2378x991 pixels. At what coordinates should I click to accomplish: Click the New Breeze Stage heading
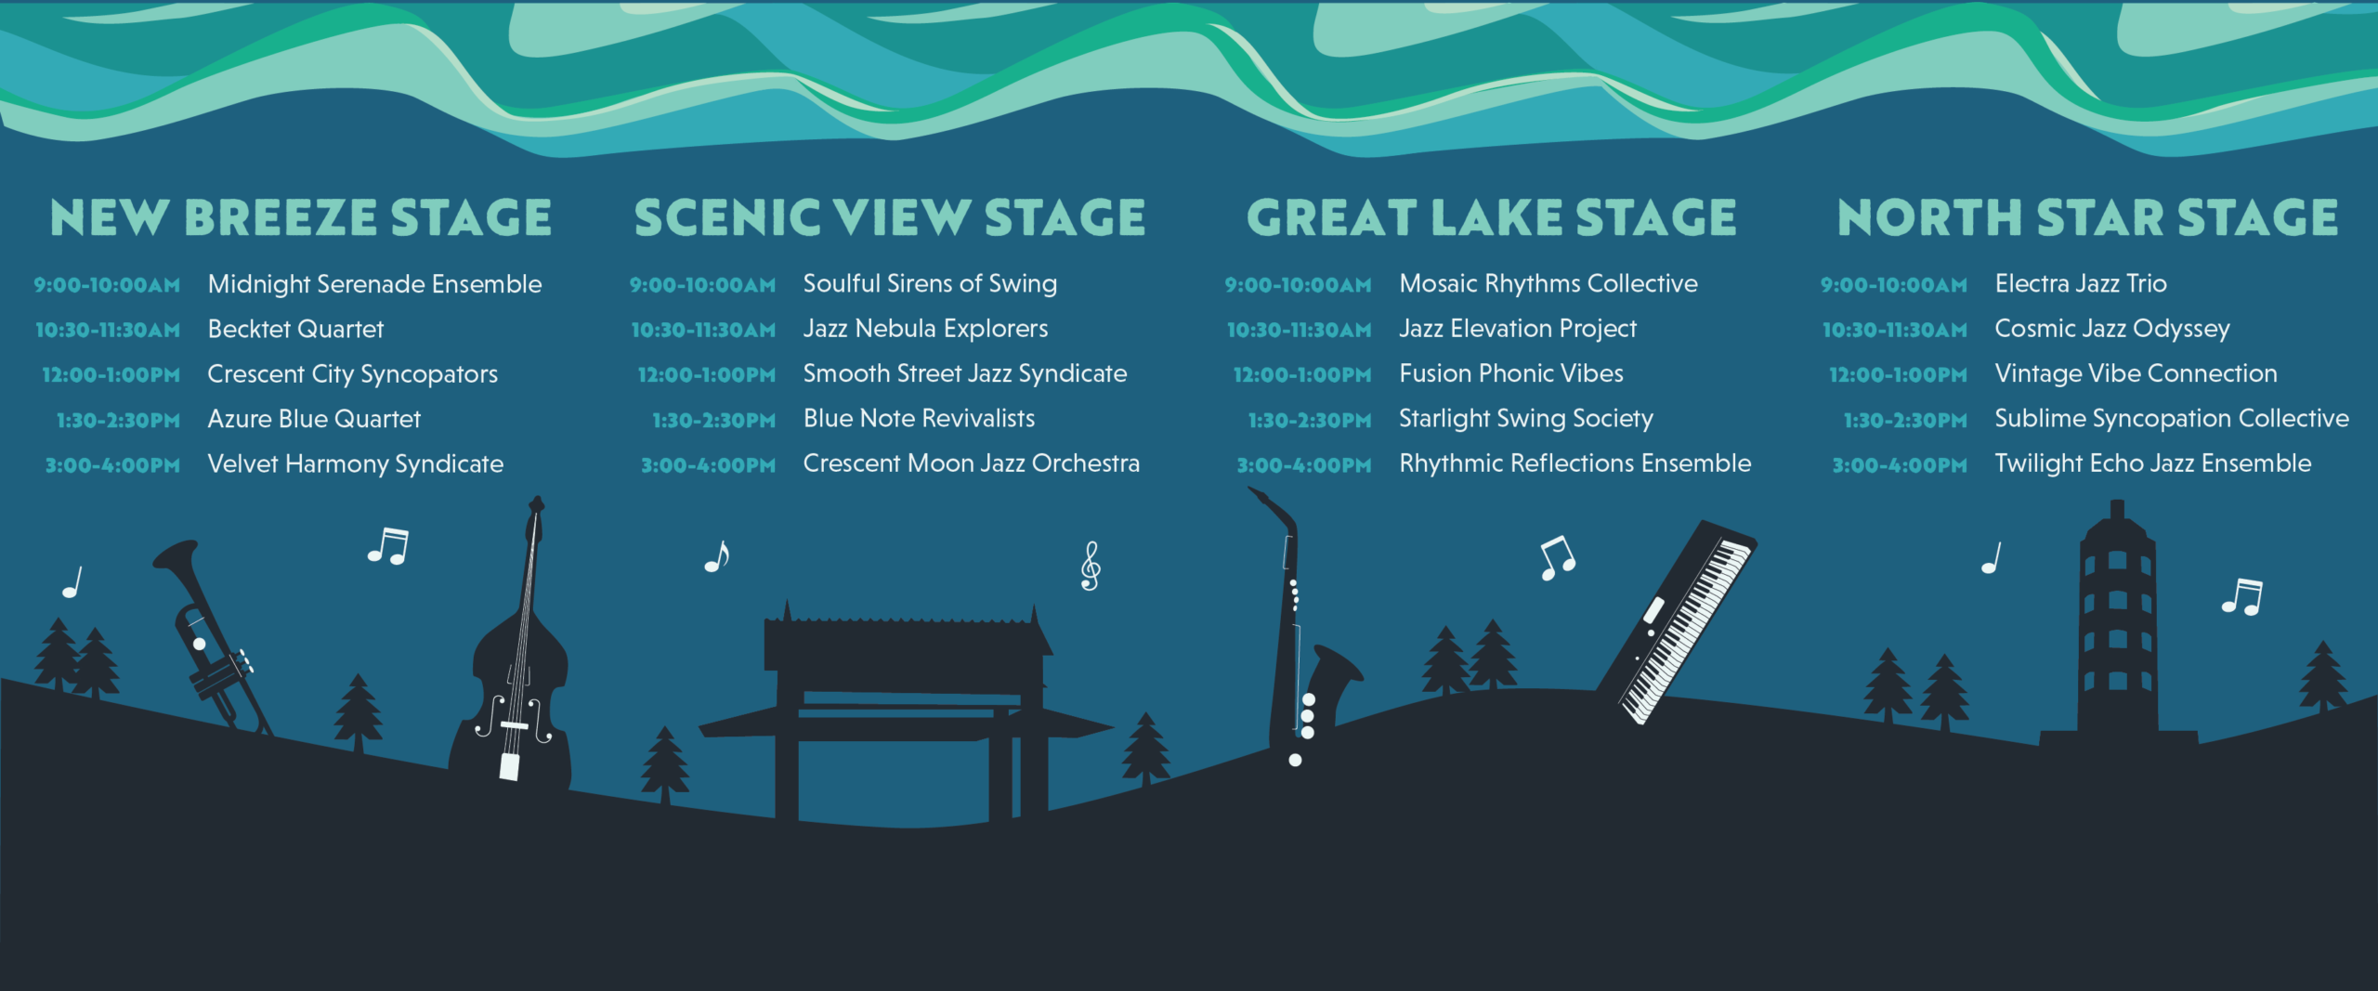[301, 217]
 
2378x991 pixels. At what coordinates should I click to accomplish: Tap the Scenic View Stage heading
[890, 217]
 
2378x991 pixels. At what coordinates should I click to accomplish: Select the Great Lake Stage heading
[1492, 217]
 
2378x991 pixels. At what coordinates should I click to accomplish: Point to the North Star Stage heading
[2088, 217]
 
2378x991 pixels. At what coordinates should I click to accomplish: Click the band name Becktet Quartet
[295, 329]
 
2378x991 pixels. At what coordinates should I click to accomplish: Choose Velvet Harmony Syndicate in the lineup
[356, 464]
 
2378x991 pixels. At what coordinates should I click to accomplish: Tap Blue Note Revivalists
[919, 419]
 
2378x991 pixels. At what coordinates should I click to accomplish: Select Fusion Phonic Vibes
[1511, 373]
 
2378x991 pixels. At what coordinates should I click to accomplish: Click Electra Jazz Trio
[2081, 283]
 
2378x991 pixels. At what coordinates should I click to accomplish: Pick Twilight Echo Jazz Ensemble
[2153, 463]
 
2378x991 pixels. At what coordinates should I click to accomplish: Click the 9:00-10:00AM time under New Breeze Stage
[107, 285]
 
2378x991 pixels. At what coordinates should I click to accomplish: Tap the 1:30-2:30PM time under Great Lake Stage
[1310, 421]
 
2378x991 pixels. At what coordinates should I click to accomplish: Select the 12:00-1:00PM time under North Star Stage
[1898, 375]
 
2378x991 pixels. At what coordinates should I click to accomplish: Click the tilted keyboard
[1677, 620]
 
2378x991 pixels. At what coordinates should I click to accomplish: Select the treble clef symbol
[1091, 566]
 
